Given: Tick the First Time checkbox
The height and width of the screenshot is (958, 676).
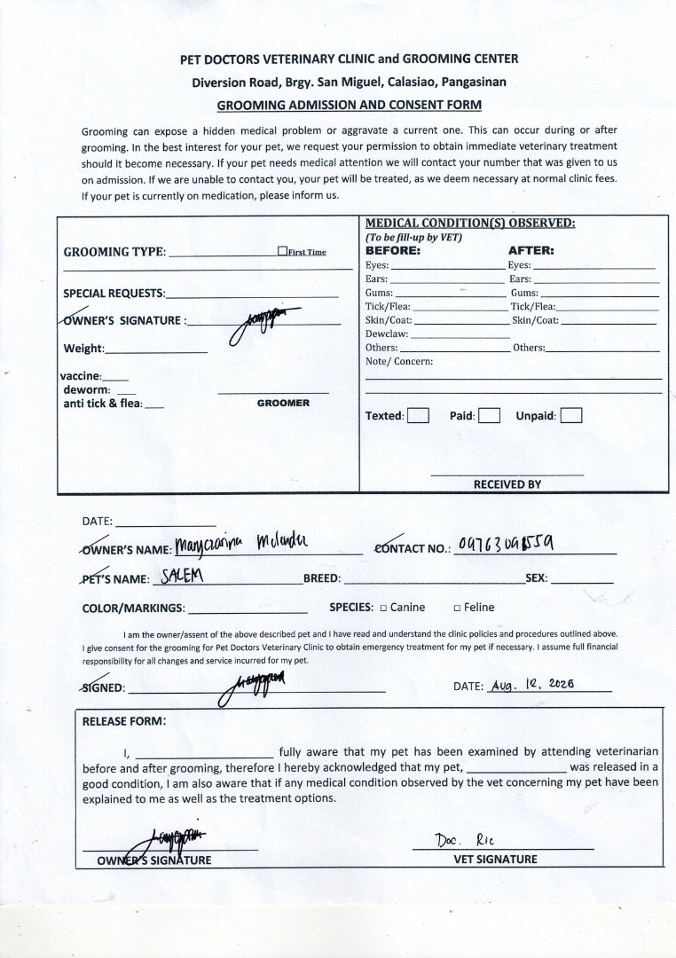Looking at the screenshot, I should [281, 251].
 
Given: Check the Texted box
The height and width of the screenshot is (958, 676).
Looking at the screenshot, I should [418, 416].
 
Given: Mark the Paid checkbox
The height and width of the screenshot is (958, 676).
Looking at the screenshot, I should [489, 416].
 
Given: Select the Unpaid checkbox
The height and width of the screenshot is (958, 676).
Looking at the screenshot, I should [571, 416].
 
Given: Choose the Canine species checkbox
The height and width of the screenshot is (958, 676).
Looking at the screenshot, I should [383, 608].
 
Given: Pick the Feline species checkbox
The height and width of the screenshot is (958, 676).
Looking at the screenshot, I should [457, 608].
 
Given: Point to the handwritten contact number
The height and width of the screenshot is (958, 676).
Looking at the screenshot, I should [510, 544].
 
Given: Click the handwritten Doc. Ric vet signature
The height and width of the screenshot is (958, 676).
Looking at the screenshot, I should [464, 838].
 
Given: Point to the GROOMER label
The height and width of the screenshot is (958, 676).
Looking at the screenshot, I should [283, 403].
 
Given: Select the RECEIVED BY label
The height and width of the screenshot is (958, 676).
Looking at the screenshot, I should [507, 484].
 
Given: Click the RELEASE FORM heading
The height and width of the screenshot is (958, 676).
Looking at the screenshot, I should [123, 721].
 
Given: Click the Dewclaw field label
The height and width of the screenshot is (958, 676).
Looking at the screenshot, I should [386, 334].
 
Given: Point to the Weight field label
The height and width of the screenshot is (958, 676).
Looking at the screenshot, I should [83, 349].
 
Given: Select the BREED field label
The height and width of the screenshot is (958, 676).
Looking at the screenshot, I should [322, 578].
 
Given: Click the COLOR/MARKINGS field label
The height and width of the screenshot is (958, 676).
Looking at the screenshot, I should [133, 609].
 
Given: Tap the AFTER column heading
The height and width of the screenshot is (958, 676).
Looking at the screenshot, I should [531, 250].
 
